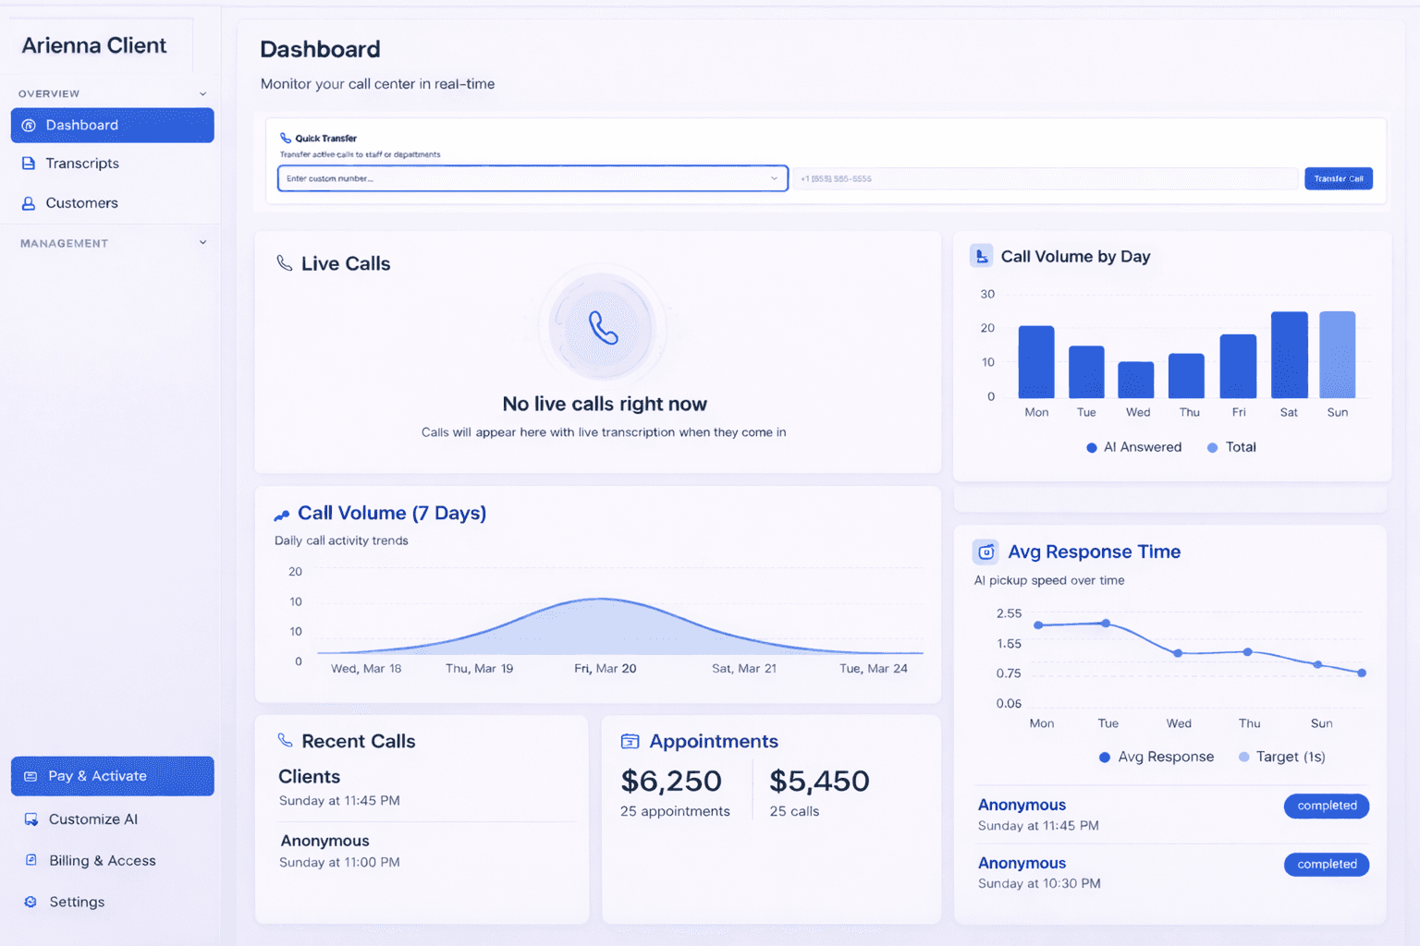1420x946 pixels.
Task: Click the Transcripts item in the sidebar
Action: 81,164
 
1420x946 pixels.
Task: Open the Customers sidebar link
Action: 81,203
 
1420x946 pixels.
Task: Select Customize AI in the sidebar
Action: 92,819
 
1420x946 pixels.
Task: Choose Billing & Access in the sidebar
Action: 102,861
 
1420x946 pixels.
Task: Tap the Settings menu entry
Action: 76,903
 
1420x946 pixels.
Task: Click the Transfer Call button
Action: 1338,178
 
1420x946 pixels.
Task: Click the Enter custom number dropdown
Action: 532,178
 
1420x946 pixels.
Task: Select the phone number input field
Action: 1045,178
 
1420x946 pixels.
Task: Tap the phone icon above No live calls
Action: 603,327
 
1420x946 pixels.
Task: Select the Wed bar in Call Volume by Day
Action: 1136,380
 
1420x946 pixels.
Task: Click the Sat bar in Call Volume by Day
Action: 1289,355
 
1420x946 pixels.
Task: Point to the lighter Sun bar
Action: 1337,355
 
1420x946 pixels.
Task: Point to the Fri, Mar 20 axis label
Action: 605,668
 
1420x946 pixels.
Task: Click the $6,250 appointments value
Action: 671,782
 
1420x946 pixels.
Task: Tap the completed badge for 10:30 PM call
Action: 1326,865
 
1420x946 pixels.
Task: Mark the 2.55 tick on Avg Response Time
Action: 1009,613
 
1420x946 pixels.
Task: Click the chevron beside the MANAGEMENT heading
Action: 202,243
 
